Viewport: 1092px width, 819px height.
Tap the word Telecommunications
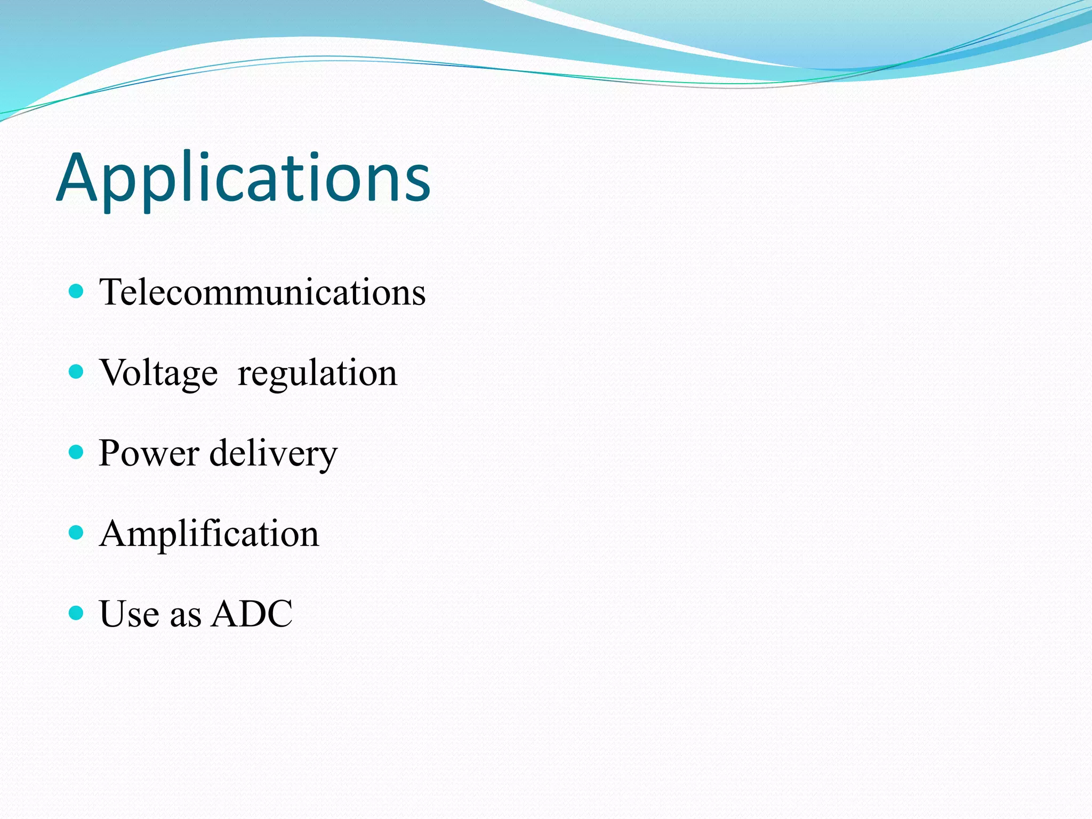262,292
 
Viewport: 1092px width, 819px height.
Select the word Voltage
158,373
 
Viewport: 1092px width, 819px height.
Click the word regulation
317,373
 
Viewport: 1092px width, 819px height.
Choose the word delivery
274,454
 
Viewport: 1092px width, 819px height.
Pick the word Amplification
209,533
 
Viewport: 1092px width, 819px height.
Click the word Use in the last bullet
129,614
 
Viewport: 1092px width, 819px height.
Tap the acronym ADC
252,614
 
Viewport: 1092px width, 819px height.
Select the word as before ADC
186,616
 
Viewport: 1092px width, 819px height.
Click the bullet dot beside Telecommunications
77,291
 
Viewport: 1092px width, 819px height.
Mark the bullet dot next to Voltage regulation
77,372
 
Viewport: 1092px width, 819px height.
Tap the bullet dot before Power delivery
77,452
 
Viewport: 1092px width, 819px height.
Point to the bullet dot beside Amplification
77,532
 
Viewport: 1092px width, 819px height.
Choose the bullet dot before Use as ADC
77,613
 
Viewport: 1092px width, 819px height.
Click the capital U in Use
114,614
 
